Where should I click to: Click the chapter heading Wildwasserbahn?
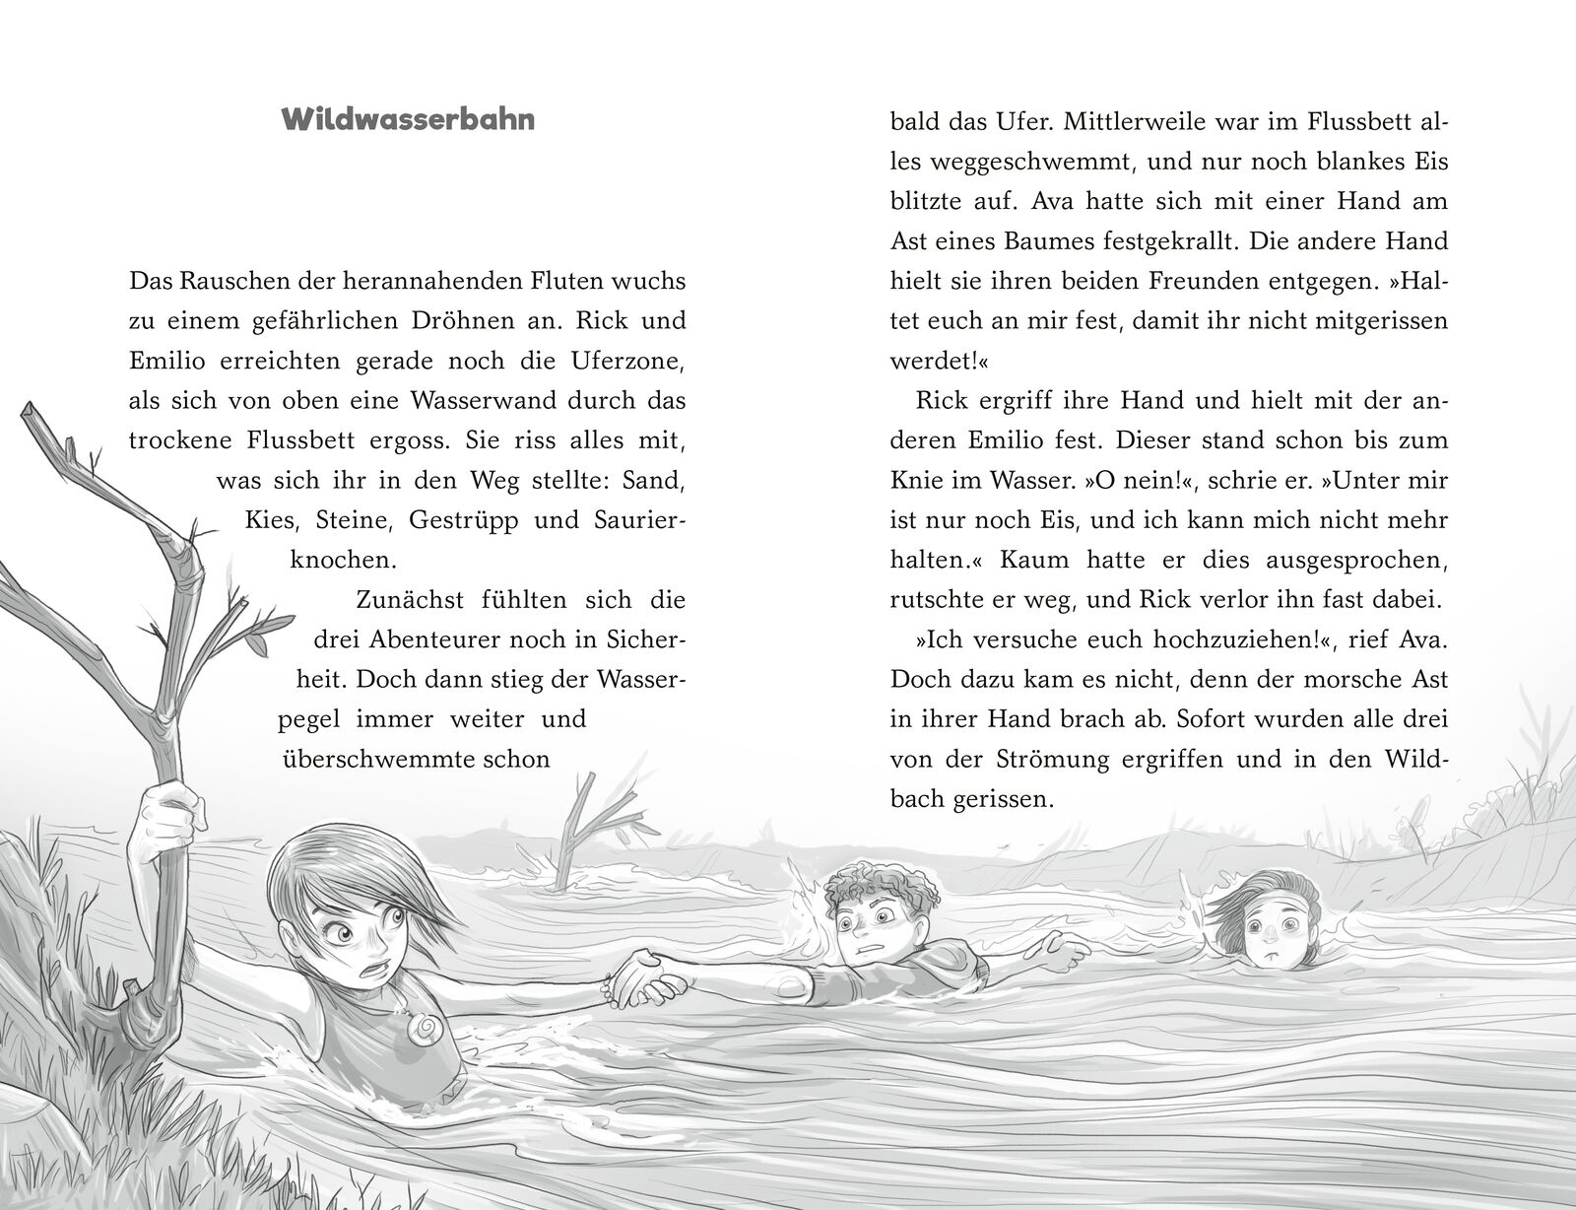(408, 120)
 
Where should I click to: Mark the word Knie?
(912, 481)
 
